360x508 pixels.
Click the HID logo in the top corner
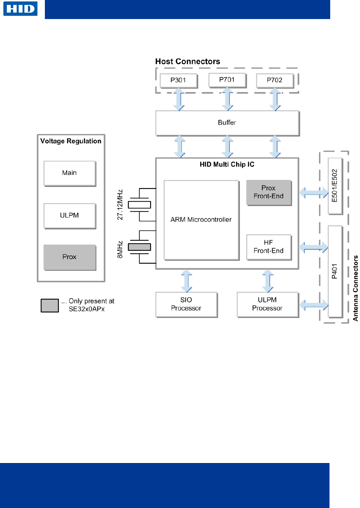pos(20,9)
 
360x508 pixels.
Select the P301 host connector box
pos(178,80)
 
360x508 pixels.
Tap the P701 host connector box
pos(227,80)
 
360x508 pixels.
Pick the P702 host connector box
pos(275,80)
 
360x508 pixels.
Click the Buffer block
pos(228,123)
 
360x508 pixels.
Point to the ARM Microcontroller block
pos(201,220)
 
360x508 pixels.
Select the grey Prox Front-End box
pos(269,193)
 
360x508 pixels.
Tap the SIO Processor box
pos(186,304)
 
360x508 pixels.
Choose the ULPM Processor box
pos(268,304)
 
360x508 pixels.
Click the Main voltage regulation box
pos(70,174)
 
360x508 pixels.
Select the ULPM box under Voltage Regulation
pos(70,216)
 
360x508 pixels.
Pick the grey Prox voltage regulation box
pos(70,257)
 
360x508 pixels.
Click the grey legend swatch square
pos(50,305)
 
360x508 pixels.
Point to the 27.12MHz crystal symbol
pos(139,205)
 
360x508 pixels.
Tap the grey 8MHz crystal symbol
pos(139,247)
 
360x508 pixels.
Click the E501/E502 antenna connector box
pos(335,186)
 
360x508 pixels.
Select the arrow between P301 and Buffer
pos(179,99)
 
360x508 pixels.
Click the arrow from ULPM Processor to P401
pos(314,305)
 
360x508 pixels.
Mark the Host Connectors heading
pos(188,61)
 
